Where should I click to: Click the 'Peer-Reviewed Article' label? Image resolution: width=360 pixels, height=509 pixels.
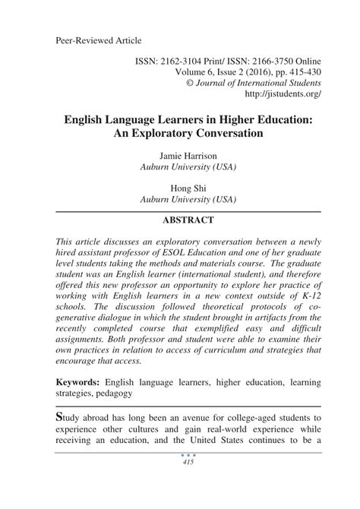(x=99, y=39)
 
